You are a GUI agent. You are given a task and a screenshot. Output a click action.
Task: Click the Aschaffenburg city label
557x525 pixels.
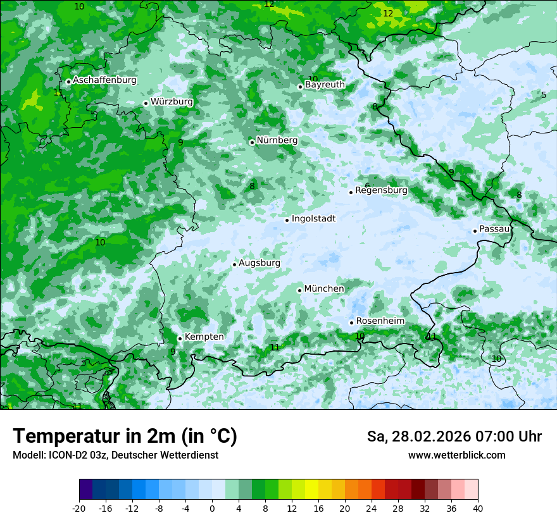coord(104,80)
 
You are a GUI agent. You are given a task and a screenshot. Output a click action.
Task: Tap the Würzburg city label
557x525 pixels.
coord(172,102)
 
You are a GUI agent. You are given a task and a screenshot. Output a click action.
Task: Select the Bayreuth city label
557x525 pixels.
coord(325,85)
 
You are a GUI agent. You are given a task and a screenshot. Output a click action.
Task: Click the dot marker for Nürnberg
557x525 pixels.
coord(252,142)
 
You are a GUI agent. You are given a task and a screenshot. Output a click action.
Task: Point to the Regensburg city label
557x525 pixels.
coord(381,190)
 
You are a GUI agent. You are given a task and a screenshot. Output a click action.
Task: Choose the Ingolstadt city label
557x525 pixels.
coord(313,219)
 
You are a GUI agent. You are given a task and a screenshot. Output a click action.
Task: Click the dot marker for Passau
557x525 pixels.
coord(475,231)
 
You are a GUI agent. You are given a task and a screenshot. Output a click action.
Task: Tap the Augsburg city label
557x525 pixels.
coord(260,263)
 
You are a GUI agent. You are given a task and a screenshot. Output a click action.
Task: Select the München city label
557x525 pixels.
coord(324,289)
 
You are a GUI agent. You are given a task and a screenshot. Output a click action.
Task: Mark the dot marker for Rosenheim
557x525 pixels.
coord(351,323)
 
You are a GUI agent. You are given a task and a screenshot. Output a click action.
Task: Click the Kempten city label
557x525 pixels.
coord(204,337)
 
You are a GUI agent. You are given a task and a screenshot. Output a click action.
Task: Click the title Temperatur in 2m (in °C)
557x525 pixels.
coord(125,436)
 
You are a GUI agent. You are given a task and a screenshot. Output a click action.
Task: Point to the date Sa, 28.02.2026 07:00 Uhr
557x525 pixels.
coord(454,436)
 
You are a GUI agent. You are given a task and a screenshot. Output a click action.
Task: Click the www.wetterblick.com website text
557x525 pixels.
coord(456,455)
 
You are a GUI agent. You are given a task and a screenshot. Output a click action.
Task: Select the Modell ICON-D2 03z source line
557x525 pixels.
coord(115,455)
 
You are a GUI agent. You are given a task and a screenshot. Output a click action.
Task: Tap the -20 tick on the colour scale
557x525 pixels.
coord(79,508)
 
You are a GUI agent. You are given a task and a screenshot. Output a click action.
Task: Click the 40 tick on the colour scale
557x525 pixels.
coord(477,508)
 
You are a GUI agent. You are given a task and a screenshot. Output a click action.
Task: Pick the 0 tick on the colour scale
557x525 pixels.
coord(212,508)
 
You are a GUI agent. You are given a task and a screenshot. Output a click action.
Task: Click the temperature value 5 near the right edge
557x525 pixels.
coord(543,96)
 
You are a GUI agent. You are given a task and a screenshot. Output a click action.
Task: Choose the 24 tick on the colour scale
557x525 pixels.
coord(371,508)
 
